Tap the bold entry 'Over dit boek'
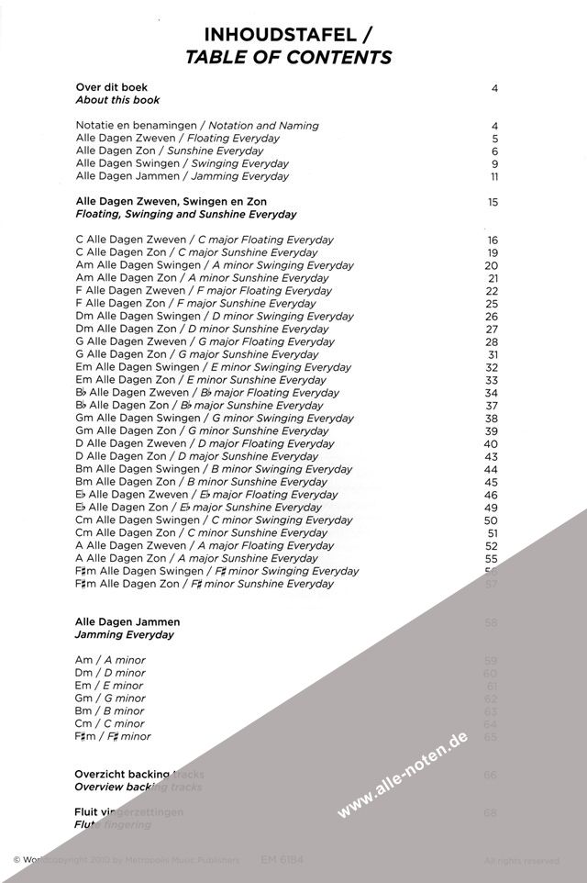point(105,88)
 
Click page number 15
point(493,201)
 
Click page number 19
point(493,252)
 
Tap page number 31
point(493,354)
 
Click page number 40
point(491,443)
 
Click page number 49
point(491,508)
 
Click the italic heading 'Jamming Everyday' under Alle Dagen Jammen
point(124,635)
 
